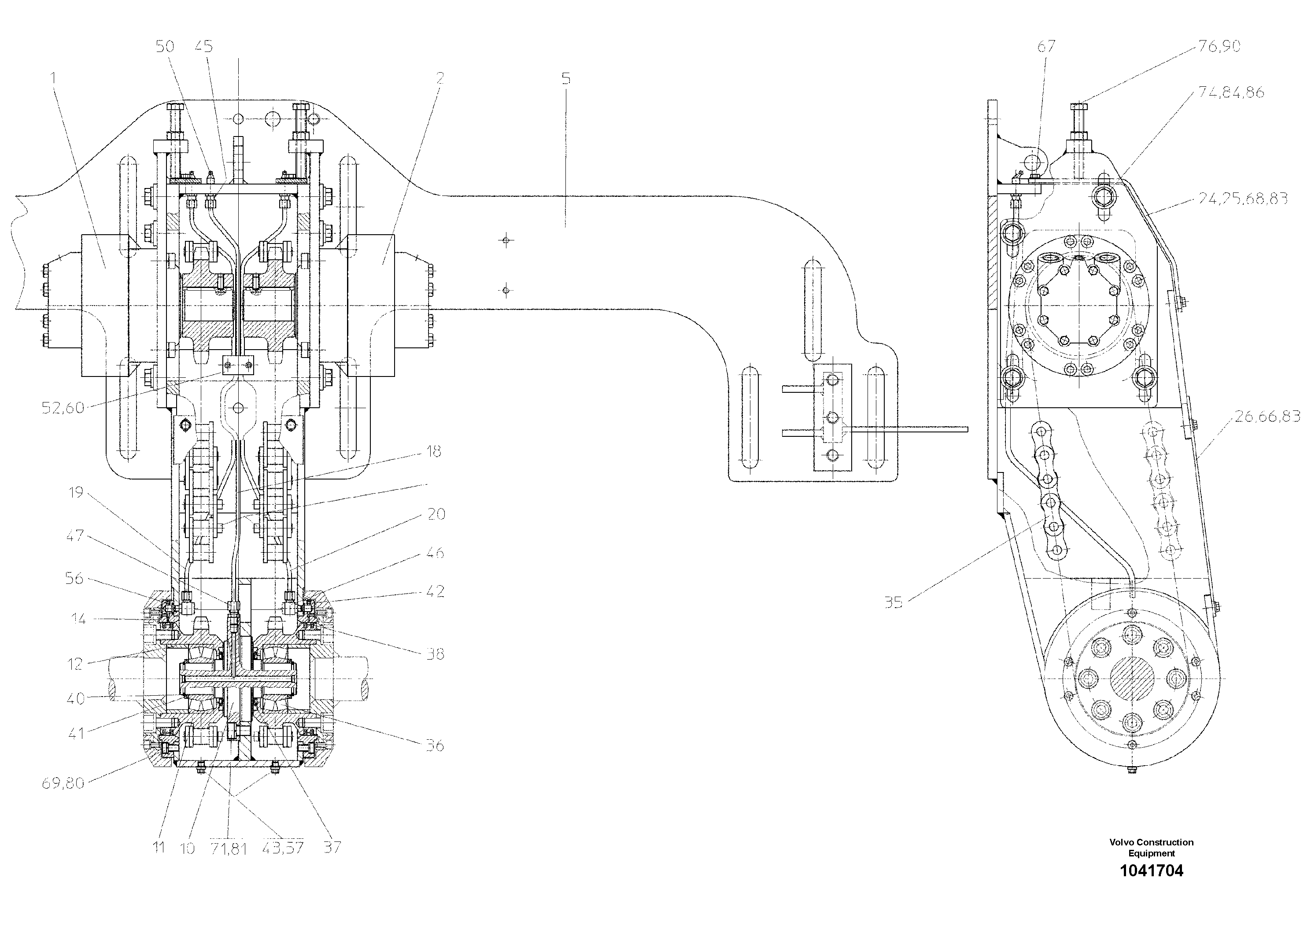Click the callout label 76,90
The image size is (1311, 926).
[1219, 46]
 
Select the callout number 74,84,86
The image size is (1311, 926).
[1230, 92]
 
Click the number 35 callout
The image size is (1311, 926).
[894, 602]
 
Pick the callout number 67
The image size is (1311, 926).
[1046, 46]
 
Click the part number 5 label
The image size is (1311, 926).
[565, 79]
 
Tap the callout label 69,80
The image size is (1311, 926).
[63, 783]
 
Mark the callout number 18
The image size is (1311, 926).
[434, 452]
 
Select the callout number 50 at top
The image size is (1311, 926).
[165, 46]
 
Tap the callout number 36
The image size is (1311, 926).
[435, 745]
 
